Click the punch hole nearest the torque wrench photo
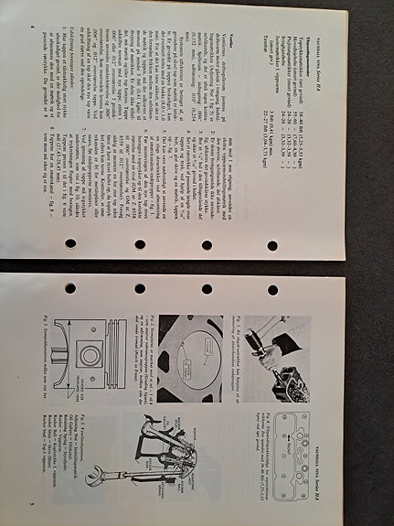(272, 288)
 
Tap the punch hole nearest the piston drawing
(69, 288)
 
